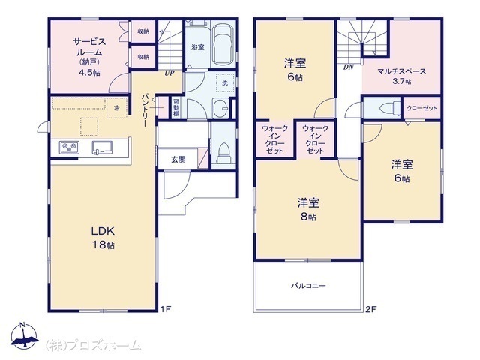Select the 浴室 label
click(x=197, y=47)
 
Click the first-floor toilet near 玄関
click(x=223, y=152)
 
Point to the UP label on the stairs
click(x=169, y=73)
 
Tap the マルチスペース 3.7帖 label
click(x=402, y=76)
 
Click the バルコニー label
click(x=308, y=286)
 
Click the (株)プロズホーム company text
click(x=93, y=345)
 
